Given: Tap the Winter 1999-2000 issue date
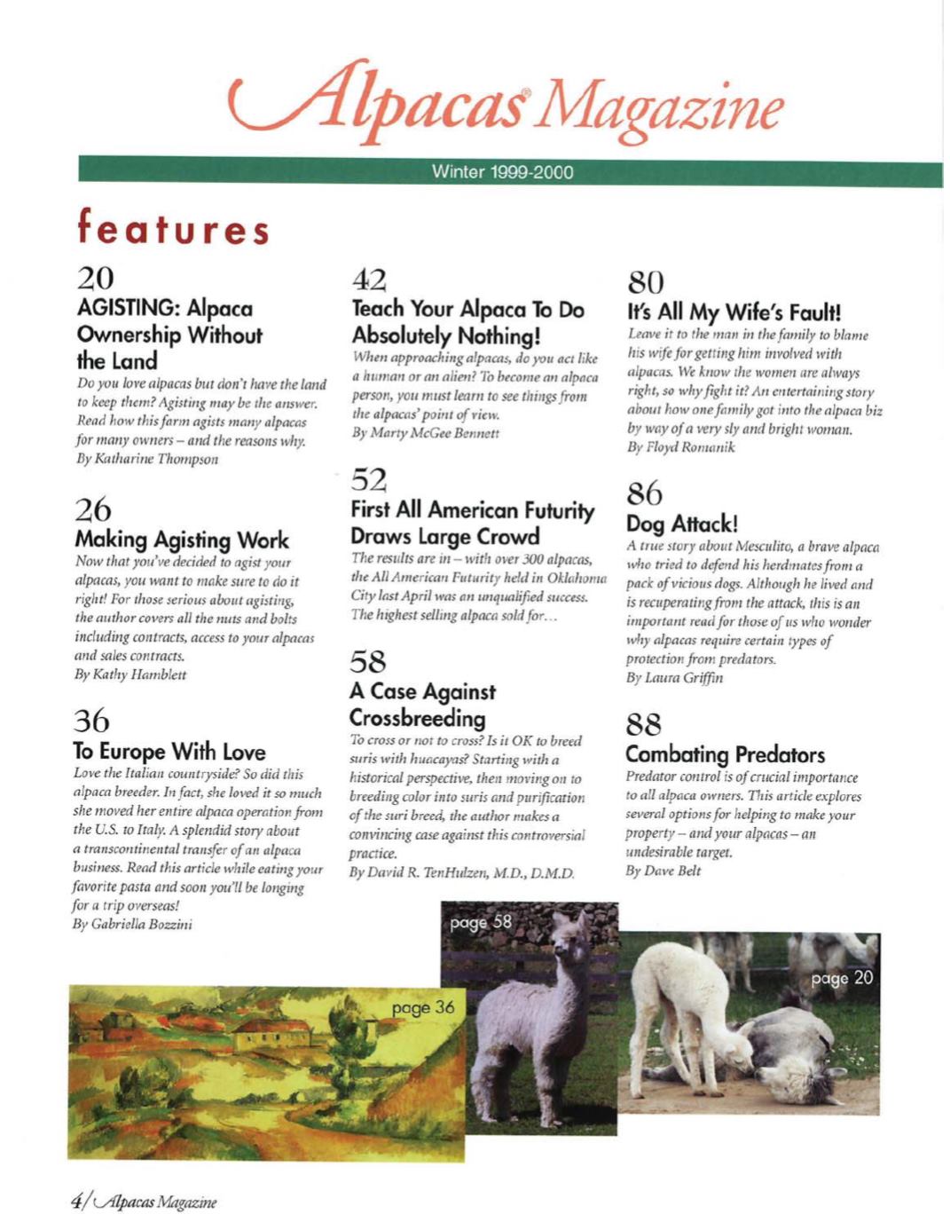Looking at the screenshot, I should point(502,172).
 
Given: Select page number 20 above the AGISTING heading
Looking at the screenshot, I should point(95,279).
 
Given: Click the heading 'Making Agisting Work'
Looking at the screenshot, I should point(182,540).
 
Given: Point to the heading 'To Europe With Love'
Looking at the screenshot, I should point(169,752).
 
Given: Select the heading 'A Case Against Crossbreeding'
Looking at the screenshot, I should point(422,705).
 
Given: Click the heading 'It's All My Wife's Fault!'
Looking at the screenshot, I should point(734,311).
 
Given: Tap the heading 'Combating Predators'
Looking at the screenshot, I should point(725,754).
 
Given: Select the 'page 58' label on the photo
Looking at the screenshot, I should point(480,922).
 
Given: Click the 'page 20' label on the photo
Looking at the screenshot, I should point(841,978).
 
